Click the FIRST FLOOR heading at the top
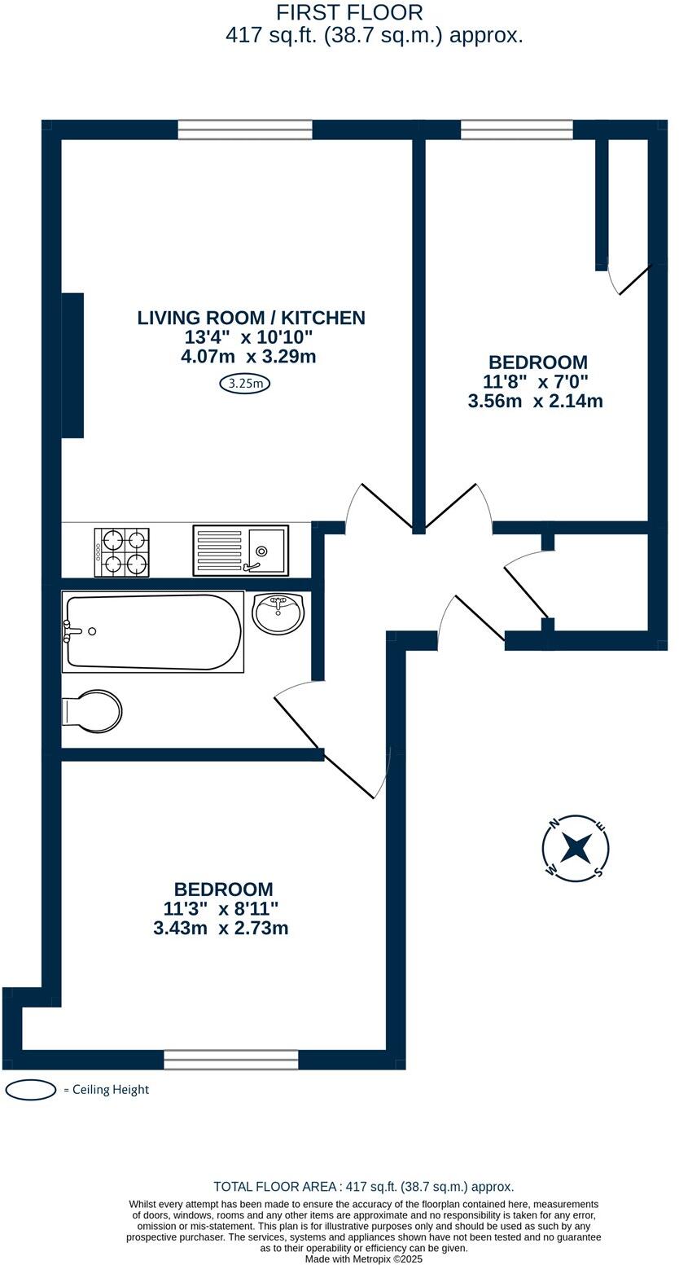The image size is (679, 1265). tap(349, 13)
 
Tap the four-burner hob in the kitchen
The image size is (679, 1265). tap(122, 552)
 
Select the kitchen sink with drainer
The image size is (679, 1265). tap(240, 550)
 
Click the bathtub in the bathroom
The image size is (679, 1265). tap(152, 631)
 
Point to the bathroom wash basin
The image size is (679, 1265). tap(278, 613)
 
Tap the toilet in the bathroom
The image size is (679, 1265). tap(93, 711)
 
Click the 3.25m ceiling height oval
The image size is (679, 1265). tap(244, 383)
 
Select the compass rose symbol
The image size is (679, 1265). tap(576, 848)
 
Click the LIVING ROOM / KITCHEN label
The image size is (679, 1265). tap(251, 318)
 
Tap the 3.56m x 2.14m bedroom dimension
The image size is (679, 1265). tap(535, 401)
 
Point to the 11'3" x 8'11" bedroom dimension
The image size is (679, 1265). tap(221, 908)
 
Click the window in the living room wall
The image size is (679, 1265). tap(245, 130)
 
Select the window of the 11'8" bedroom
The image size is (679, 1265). tap(516, 130)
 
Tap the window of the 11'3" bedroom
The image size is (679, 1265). tap(230, 1059)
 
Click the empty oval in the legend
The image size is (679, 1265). tap(31, 1090)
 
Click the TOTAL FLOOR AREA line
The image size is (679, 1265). tap(363, 1187)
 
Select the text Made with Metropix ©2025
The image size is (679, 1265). tap(363, 1258)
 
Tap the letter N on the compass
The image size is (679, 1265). tap(554, 824)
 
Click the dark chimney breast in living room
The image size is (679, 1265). tap(72, 365)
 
